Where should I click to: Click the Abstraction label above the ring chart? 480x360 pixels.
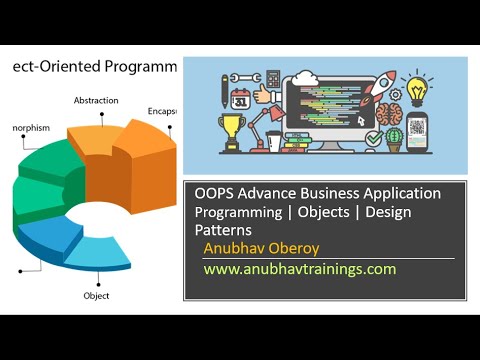(x=96, y=100)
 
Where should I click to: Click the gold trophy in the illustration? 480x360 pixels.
(x=232, y=130)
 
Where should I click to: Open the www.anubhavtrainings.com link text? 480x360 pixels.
(x=300, y=269)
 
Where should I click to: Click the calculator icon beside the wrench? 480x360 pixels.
(x=245, y=76)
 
